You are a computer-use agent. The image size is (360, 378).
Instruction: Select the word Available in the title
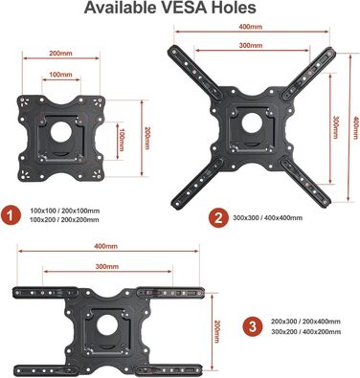[x=122, y=8]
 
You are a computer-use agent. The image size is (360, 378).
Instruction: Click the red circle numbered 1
[x=11, y=215]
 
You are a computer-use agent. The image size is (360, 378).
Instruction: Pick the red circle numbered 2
[x=218, y=218]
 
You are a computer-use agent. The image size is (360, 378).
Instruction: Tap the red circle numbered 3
[x=253, y=326]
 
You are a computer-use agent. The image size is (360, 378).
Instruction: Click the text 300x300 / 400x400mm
[x=268, y=218]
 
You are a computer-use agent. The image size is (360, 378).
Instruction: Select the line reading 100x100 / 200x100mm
[x=65, y=211]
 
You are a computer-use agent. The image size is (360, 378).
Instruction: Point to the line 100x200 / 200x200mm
[x=64, y=220]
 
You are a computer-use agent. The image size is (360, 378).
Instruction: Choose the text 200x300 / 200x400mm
[x=305, y=322]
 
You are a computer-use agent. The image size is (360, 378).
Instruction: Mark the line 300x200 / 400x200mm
[x=305, y=332]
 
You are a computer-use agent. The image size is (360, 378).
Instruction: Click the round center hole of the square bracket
[x=61, y=132]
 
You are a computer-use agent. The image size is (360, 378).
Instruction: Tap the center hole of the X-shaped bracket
[x=252, y=123]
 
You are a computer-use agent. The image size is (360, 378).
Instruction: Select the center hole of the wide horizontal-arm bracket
[x=107, y=325]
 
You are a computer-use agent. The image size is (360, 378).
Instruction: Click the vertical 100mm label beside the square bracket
[x=121, y=140]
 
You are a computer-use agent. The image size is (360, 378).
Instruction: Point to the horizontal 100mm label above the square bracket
[x=60, y=75]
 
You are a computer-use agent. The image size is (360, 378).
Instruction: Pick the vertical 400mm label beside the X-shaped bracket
[x=356, y=129]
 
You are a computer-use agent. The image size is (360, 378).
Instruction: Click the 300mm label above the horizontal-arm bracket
[x=107, y=267]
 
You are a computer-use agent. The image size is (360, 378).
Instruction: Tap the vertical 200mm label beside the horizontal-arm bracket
[x=217, y=332]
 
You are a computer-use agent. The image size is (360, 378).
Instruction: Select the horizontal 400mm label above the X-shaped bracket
[x=251, y=27]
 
